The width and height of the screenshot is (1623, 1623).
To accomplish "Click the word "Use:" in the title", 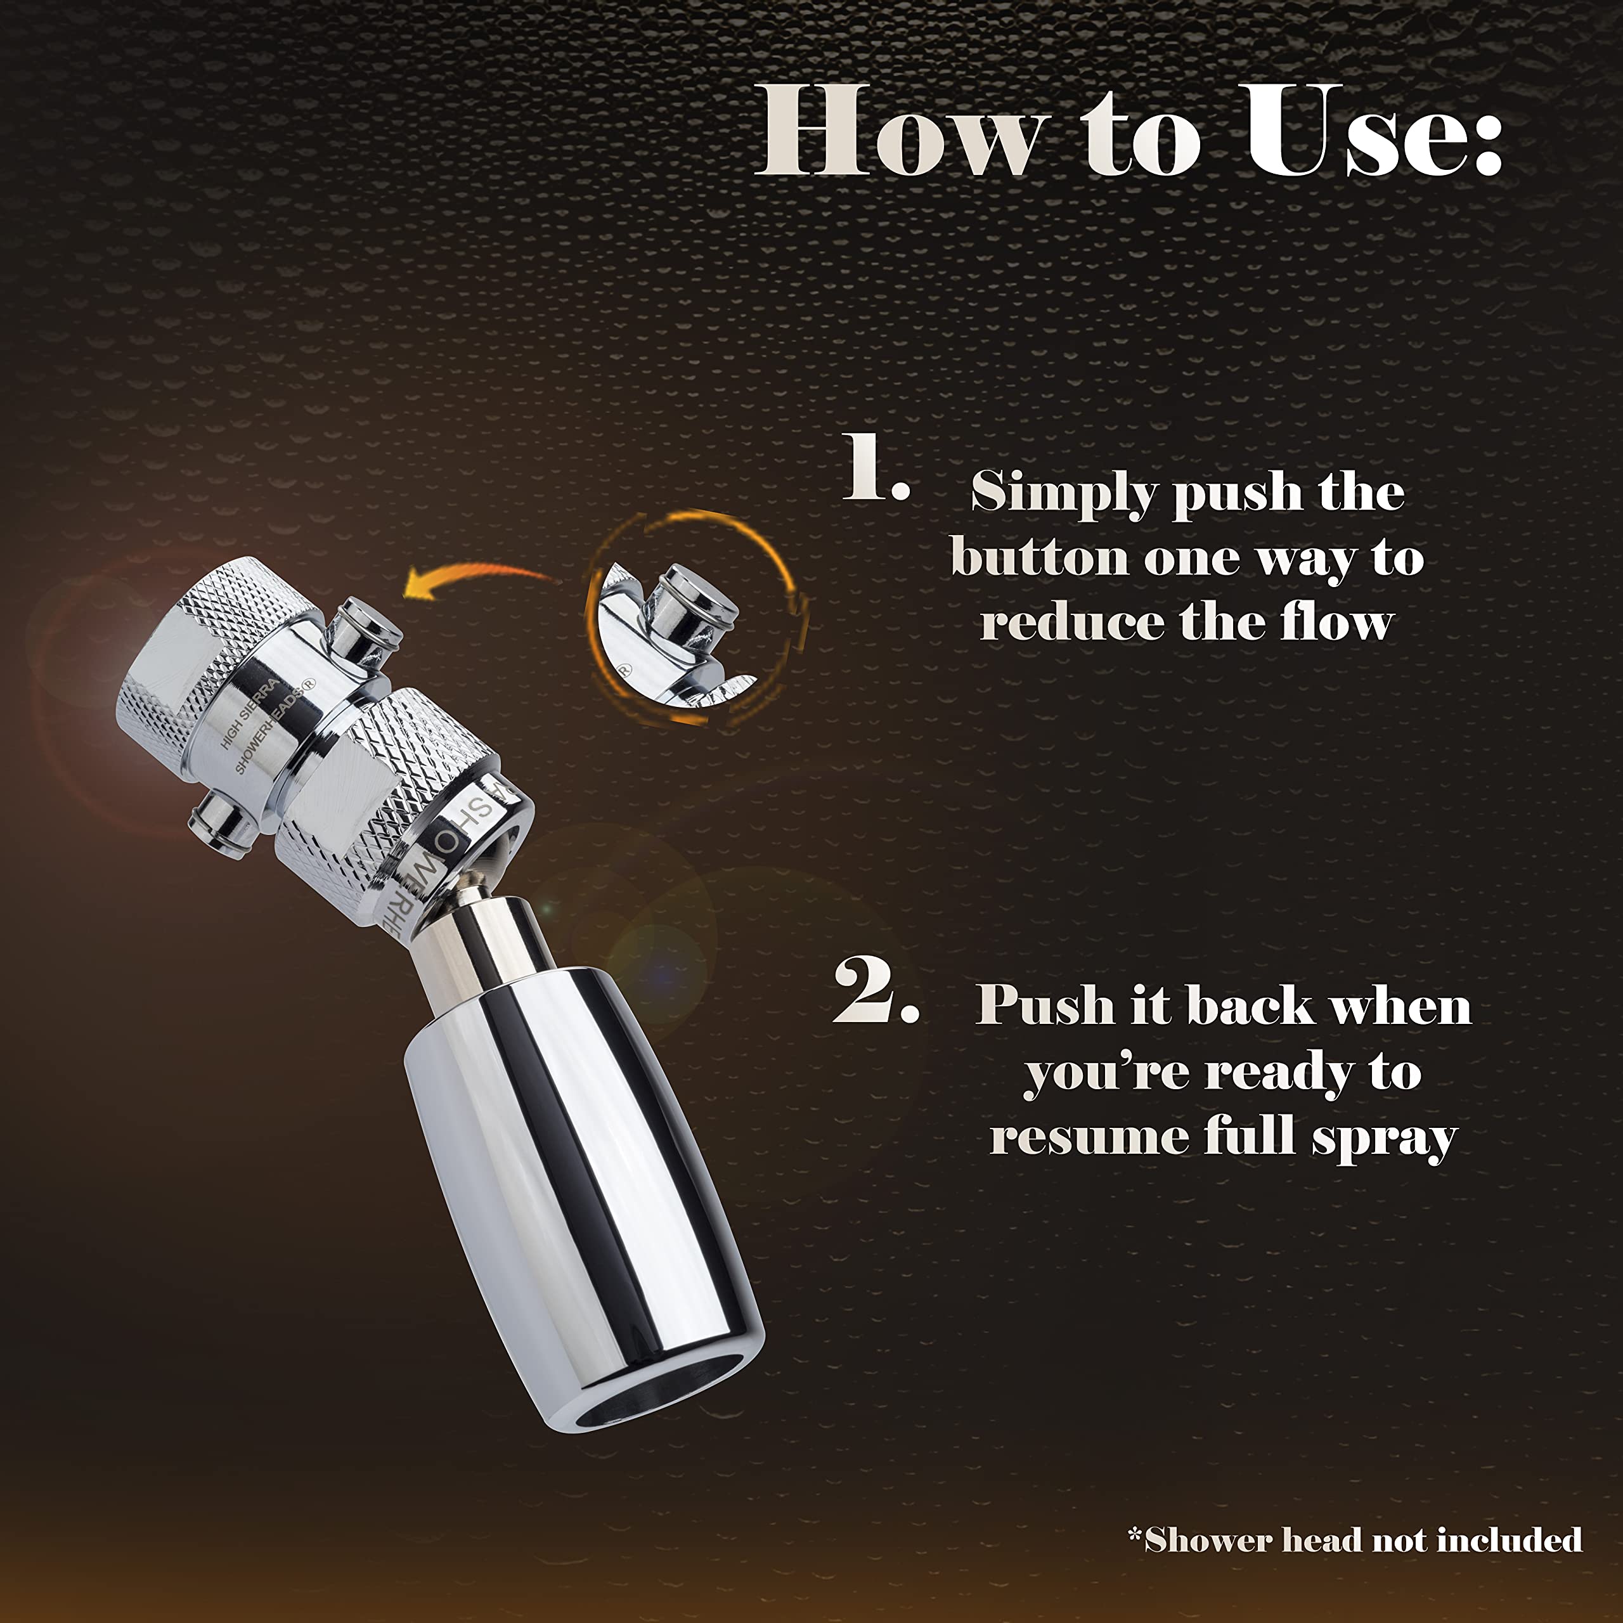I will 1373,133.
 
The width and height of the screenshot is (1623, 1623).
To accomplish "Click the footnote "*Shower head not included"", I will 1354,1540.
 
